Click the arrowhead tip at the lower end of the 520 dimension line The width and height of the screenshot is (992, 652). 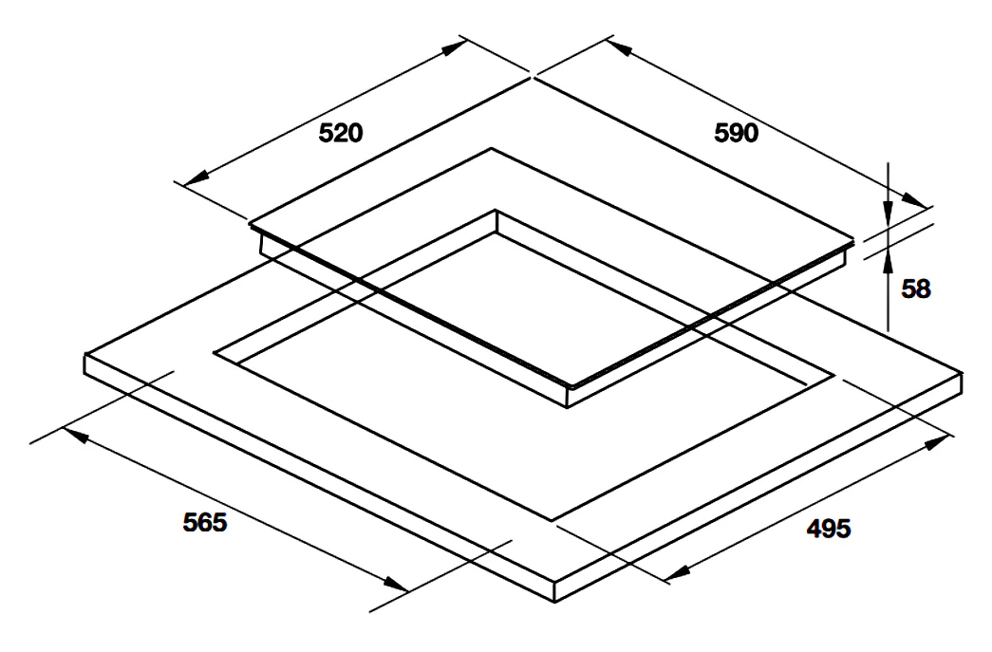point(183,184)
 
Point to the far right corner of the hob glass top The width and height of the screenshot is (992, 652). point(852,240)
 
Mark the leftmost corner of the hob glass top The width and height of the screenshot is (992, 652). point(250,223)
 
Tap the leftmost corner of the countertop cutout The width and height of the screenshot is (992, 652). point(214,352)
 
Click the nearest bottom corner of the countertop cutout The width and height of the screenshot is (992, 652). point(552,520)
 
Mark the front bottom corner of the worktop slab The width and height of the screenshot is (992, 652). point(554,602)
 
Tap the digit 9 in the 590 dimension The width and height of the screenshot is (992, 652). point(737,133)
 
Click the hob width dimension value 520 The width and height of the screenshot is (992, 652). point(341,133)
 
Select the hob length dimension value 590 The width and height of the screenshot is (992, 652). point(737,133)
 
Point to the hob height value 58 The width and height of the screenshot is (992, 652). point(916,289)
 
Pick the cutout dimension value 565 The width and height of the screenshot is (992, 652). point(205,522)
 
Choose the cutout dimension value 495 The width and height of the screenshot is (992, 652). point(829,528)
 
